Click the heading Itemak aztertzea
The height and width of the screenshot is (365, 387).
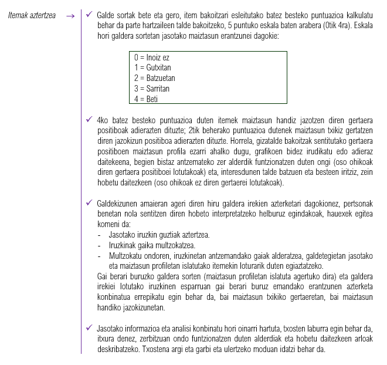tap(32, 15)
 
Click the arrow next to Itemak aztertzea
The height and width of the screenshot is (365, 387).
tap(71, 15)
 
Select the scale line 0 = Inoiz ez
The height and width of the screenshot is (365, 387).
tap(152, 58)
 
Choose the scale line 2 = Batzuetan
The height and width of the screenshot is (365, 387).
tap(155, 78)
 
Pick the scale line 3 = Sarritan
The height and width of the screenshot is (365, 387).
tap(152, 89)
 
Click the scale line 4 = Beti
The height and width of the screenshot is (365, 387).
tap(146, 99)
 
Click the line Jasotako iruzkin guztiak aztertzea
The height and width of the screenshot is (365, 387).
tap(159, 235)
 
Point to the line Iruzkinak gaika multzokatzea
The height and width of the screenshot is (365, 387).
tap(152, 245)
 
